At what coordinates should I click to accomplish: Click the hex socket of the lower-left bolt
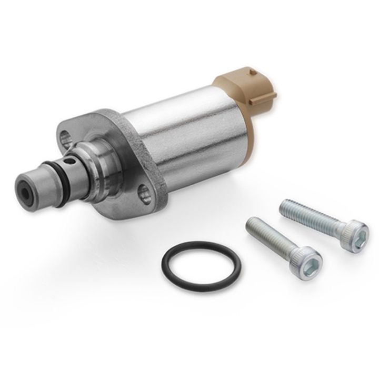click(x=312, y=260)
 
